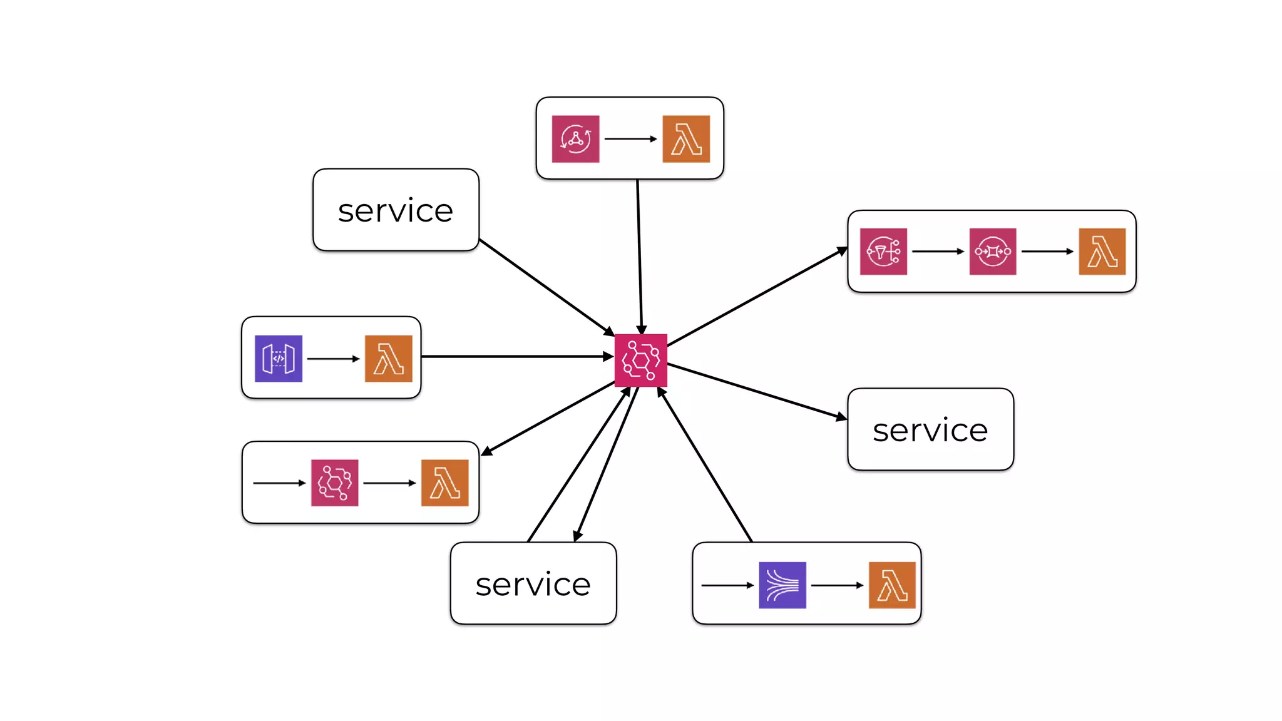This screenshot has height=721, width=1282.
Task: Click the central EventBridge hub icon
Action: pos(640,360)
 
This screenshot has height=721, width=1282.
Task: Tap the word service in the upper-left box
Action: pos(396,211)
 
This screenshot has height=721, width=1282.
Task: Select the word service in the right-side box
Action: pos(930,431)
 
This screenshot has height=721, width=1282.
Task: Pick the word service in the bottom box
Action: pos(533,585)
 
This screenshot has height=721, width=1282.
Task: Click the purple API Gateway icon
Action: pos(279,359)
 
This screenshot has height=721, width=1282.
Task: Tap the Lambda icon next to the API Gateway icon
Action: pos(389,359)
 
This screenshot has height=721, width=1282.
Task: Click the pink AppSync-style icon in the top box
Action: pos(575,139)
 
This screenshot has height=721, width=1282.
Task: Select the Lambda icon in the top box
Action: pos(686,139)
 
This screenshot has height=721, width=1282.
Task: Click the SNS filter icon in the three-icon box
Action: pos(883,252)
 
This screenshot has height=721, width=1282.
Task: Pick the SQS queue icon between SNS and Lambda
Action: pos(993,252)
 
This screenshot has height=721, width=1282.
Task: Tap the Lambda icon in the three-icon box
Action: pos(1102,252)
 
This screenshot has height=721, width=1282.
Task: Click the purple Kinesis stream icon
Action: pos(782,585)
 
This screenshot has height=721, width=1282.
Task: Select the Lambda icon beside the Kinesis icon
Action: pos(892,585)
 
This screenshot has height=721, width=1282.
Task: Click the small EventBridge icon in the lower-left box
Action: pos(335,483)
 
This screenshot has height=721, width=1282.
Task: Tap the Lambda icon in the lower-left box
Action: pos(445,483)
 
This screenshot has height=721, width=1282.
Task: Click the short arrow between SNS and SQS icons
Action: pos(938,252)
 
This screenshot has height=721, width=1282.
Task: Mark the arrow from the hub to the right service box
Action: pos(757,391)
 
